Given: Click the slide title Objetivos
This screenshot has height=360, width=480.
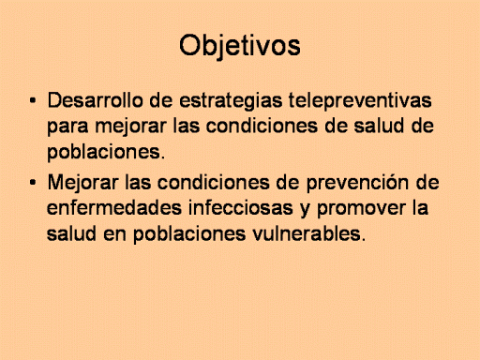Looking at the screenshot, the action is click(240, 46).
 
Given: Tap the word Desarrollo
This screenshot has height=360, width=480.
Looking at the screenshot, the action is click(96, 100).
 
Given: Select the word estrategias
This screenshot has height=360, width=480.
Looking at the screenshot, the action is click(231, 101).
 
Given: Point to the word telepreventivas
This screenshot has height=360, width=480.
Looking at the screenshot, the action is click(360, 101).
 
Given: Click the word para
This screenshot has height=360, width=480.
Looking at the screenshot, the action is click(67, 127).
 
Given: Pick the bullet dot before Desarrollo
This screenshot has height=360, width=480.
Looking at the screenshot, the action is click(33, 100).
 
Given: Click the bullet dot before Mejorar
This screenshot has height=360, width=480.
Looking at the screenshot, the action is click(33, 183).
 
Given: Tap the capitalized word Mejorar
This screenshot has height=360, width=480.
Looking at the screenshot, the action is click(82, 184).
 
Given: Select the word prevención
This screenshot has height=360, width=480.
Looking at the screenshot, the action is click(357, 184).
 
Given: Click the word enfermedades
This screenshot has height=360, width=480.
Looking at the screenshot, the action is click(114, 208).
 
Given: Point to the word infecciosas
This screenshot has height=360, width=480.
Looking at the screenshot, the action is click(240, 208).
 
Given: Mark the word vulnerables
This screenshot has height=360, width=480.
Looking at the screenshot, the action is click(308, 234).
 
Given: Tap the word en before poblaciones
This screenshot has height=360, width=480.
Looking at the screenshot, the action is click(114, 236).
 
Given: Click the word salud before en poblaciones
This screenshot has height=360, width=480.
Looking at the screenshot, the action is click(71, 234).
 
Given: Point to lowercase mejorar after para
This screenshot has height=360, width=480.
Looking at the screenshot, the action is click(130, 127).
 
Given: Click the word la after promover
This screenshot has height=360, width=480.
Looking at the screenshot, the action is click(420, 208).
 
